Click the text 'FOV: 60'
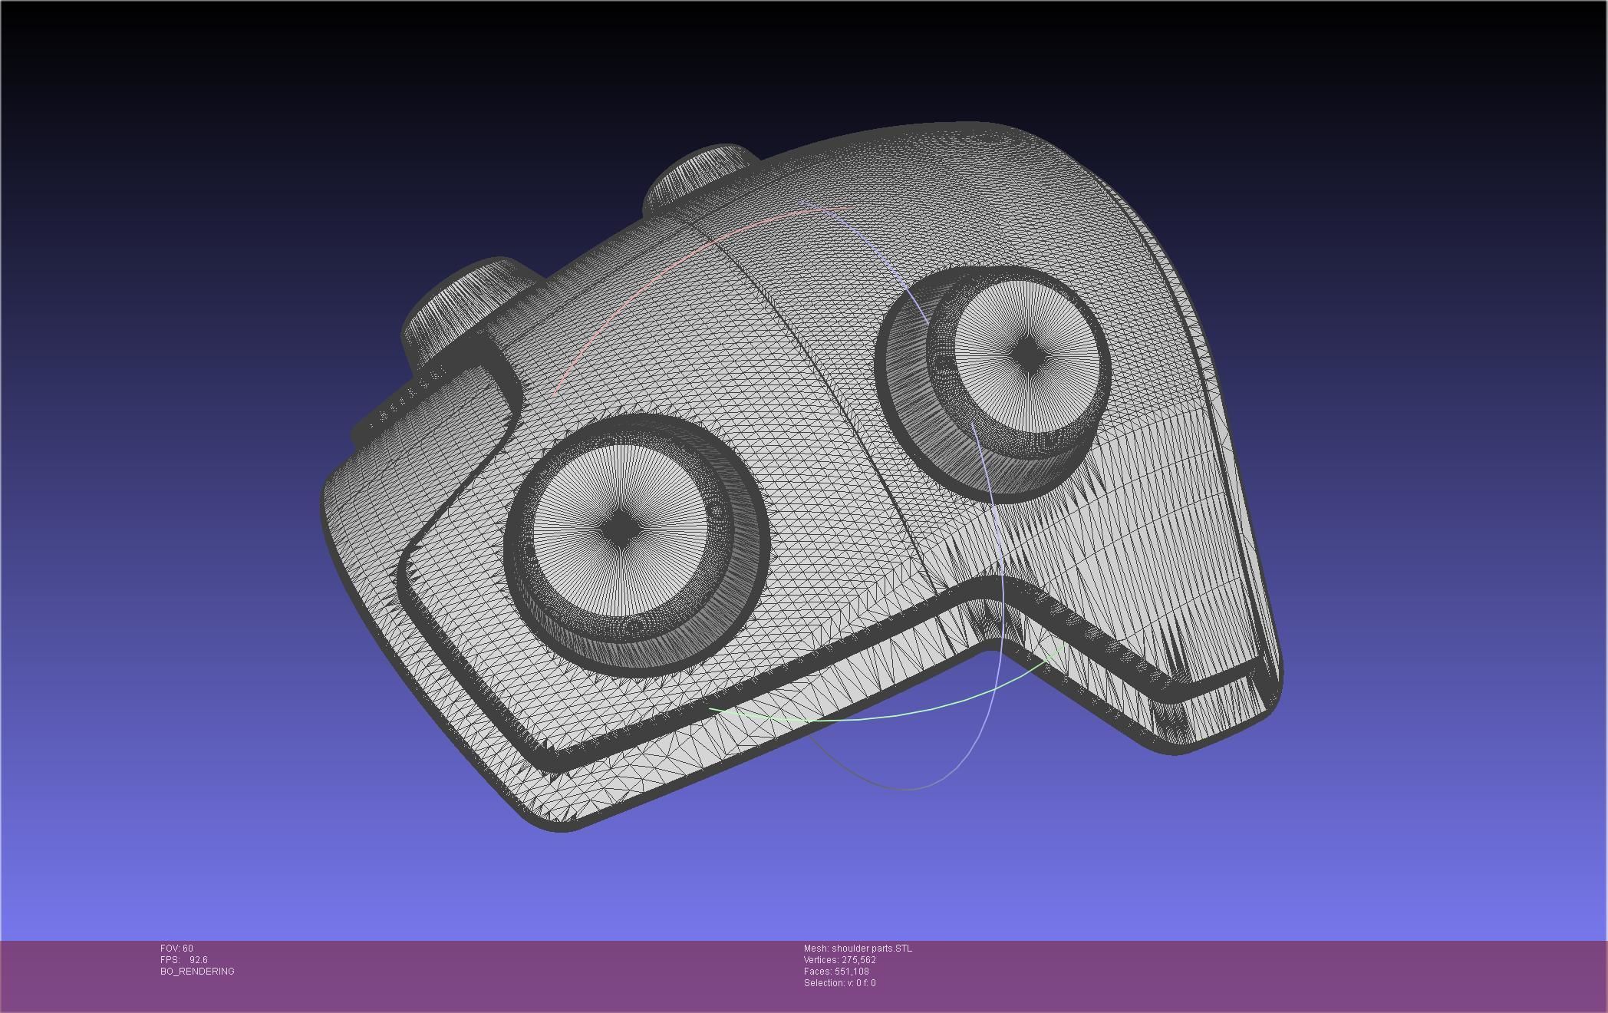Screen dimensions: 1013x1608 pos(176,949)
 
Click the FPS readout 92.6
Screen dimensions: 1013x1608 pos(198,960)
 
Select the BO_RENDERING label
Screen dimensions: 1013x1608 pos(197,972)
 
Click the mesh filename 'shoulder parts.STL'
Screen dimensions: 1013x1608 pos(872,949)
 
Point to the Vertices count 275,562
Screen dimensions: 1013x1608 pos(858,960)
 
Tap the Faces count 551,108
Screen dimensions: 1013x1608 pos(852,972)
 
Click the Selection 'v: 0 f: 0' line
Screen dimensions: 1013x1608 pos(839,983)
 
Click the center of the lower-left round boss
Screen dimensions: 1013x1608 pos(618,529)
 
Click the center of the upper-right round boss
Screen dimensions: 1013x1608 pos(1026,355)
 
